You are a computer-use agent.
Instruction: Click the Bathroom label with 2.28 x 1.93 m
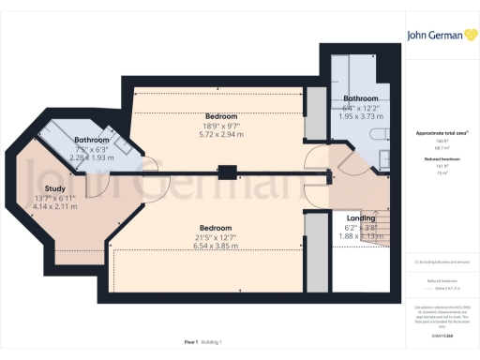(92, 141)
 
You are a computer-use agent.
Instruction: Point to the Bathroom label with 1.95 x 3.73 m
(360, 98)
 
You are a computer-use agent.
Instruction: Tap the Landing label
(348, 218)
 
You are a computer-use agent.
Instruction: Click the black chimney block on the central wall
(226, 172)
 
